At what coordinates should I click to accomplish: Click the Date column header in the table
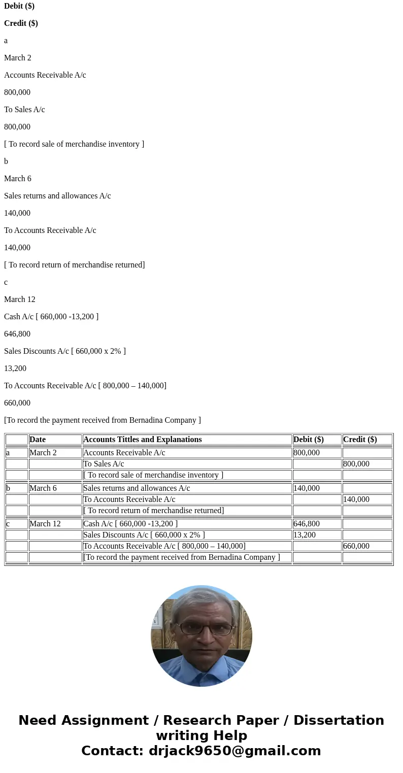(x=38, y=440)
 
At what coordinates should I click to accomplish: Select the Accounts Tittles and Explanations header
(x=142, y=440)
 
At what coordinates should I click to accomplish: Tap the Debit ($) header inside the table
(x=308, y=440)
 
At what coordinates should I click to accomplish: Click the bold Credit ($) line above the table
(x=21, y=23)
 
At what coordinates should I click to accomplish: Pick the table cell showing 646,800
(x=307, y=524)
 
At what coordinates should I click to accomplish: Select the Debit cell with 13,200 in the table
(x=305, y=535)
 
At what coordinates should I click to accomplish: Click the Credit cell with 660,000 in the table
(x=356, y=546)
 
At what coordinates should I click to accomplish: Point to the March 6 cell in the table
(x=43, y=488)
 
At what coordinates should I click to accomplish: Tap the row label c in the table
(x=8, y=524)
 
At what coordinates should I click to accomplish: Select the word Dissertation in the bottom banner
(x=339, y=721)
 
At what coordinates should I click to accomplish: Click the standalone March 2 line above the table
(x=18, y=58)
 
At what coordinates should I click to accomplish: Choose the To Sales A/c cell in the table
(x=104, y=464)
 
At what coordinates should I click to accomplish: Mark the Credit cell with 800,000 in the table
(x=356, y=464)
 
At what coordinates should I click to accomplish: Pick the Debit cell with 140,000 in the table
(x=307, y=488)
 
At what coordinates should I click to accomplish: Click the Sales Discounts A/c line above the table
(x=65, y=351)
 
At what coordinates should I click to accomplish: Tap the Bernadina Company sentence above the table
(x=103, y=420)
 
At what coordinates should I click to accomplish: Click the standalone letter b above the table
(x=6, y=161)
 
